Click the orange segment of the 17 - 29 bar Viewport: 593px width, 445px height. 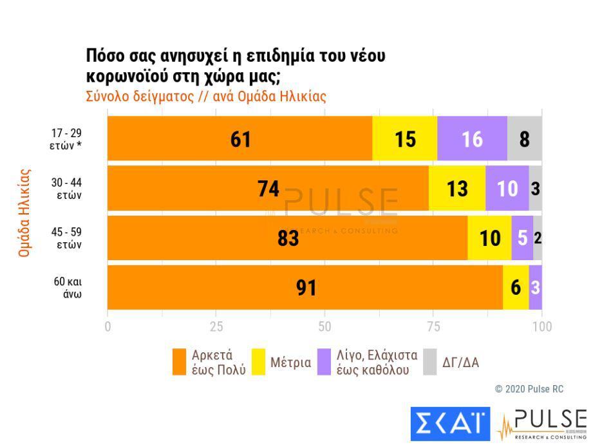point(240,138)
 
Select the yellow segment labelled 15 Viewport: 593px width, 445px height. point(405,138)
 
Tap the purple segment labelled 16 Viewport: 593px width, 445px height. point(472,138)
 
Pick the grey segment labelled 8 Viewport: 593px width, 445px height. point(525,138)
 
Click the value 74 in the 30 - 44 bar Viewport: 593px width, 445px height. point(268,188)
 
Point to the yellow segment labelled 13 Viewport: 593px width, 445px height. point(457,188)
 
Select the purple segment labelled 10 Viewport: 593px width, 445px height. point(507,188)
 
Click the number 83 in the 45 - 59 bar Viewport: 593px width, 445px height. point(288,238)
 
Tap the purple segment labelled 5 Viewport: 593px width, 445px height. point(522,238)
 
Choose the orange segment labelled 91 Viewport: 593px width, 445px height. point(305,287)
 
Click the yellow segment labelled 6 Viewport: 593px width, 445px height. point(516,287)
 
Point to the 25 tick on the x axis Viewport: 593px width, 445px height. point(216,327)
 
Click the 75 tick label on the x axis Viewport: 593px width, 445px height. point(434,327)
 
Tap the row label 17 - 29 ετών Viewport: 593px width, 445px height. point(67,138)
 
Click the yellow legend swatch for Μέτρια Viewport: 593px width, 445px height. point(258,362)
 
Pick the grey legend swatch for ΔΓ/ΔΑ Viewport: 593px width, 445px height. point(430,362)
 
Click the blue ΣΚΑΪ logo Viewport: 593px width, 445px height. point(450,423)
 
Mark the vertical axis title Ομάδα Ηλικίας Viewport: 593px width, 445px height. point(24,213)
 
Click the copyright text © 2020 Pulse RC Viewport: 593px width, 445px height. point(529,389)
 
